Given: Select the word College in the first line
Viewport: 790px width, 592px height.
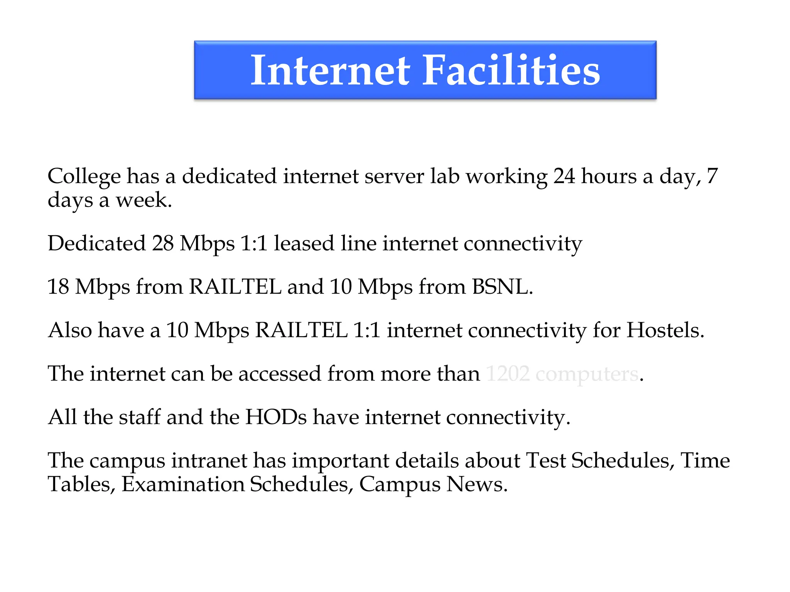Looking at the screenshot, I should (84, 177).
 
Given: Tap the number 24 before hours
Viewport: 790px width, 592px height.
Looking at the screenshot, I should (564, 176).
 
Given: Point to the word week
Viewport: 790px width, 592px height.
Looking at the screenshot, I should (143, 200).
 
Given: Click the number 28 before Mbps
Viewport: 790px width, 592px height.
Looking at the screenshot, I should (163, 244).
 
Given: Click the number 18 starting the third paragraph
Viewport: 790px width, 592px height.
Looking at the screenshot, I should (58, 287).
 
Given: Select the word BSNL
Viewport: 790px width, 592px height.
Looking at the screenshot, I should (502, 287).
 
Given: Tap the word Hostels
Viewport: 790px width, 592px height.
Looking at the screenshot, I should (665, 330).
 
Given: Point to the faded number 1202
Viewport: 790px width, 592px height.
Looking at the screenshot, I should (508, 374).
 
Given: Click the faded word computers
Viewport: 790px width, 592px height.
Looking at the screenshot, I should (587, 375).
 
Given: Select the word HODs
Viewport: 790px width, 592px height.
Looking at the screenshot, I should (276, 417).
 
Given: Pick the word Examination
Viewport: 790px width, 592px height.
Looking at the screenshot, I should (183, 484).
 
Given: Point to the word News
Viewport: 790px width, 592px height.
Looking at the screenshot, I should (477, 484).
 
